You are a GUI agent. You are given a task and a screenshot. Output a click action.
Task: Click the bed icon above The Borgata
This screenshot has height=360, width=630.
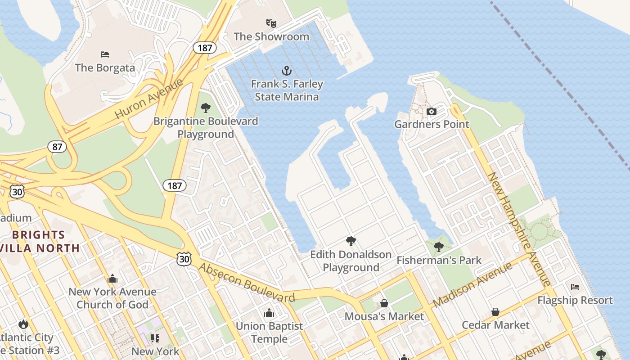[105, 54]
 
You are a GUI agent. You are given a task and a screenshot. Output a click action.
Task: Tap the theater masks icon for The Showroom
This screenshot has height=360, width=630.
[271, 23]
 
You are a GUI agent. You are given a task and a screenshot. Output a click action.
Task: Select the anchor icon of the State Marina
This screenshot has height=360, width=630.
[287, 71]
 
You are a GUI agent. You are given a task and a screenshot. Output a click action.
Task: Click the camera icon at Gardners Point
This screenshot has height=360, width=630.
[431, 111]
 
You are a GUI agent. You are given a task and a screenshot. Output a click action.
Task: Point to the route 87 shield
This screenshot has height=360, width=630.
[57, 147]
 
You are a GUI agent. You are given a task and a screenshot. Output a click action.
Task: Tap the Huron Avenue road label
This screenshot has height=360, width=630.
[149, 99]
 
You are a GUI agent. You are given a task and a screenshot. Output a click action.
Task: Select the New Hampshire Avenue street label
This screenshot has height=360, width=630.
[520, 229]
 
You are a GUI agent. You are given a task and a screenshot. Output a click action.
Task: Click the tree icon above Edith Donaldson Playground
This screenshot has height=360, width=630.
[351, 241]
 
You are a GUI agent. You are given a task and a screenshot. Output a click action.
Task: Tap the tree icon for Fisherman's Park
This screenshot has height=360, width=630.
[439, 247]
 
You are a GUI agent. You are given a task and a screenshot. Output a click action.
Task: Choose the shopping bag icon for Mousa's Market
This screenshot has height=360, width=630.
[384, 303]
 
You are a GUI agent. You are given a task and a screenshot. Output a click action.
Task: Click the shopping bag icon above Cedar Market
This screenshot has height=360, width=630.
[495, 312]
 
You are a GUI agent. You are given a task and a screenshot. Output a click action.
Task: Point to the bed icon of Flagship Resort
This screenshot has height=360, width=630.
[575, 287]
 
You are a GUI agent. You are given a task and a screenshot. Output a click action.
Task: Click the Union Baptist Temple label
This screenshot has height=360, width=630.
[269, 332]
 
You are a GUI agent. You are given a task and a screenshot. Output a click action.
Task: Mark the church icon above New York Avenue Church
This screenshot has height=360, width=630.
[112, 279]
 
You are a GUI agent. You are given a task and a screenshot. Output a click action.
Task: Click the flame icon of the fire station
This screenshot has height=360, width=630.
[23, 324]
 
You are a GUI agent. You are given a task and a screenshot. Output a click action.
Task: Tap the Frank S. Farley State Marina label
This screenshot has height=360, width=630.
[287, 90]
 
